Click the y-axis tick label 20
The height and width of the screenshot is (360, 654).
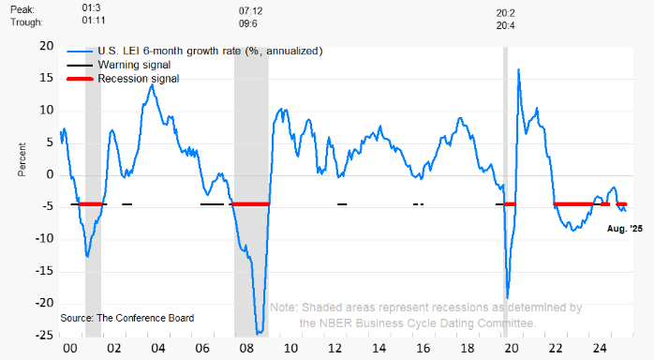coord(47,46)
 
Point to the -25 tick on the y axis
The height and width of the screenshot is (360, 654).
coord(44,335)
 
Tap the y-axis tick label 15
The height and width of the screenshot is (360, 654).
coord(47,78)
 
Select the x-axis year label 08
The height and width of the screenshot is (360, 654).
coord(246,348)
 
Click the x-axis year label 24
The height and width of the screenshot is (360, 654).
coord(600,348)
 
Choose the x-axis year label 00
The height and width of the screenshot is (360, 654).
coord(70,348)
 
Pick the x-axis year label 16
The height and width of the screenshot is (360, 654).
coord(424,348)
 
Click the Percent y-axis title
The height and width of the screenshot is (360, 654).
coord(22,159)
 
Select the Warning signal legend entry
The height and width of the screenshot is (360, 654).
coord(119,65)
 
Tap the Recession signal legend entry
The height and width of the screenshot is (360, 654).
coord(123,79)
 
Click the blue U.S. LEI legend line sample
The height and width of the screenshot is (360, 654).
coord(80,52)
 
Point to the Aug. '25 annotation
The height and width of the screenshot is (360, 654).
coord(625,229)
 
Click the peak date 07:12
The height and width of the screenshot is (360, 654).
coord(251,11)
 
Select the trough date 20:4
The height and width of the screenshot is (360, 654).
coord(506,26)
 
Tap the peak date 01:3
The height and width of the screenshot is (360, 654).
coord(91,7)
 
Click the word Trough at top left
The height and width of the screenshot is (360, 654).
coord(26,22)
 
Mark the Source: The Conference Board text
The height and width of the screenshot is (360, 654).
coord(127,319)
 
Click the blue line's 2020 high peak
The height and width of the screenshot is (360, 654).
coord(518,69)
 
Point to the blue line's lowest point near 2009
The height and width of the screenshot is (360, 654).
coord(260,333)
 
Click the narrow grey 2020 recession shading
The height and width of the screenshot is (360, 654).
coord(506,192)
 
